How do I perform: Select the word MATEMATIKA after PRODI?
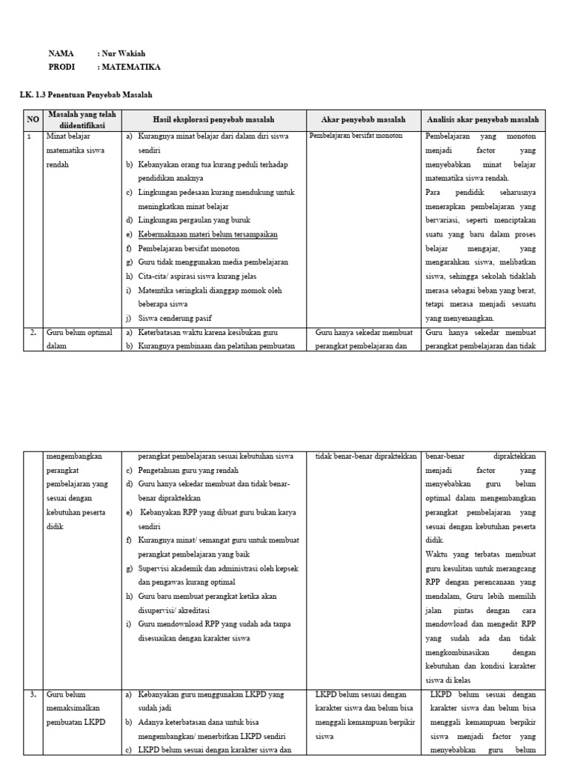(x=130, y=67)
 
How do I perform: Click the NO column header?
(x=33, y=119)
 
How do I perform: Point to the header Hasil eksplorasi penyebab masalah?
(x=213, y=119)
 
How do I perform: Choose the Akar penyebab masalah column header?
(x=363, y=119)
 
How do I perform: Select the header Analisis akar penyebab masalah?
(x=482, y=119)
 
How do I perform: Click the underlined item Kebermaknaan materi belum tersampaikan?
(x=208, y=234)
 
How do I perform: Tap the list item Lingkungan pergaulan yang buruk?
(x=194, y=220)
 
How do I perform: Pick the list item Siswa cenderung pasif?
(x=176, y=318)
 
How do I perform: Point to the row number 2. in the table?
(x=33, y=332)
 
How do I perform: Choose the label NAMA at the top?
(x=61, y=54)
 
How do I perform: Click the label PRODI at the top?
(x=62, y=67)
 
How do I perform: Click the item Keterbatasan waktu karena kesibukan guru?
(x=213, y=332)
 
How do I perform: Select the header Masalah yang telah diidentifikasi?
(x=82, y=119)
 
